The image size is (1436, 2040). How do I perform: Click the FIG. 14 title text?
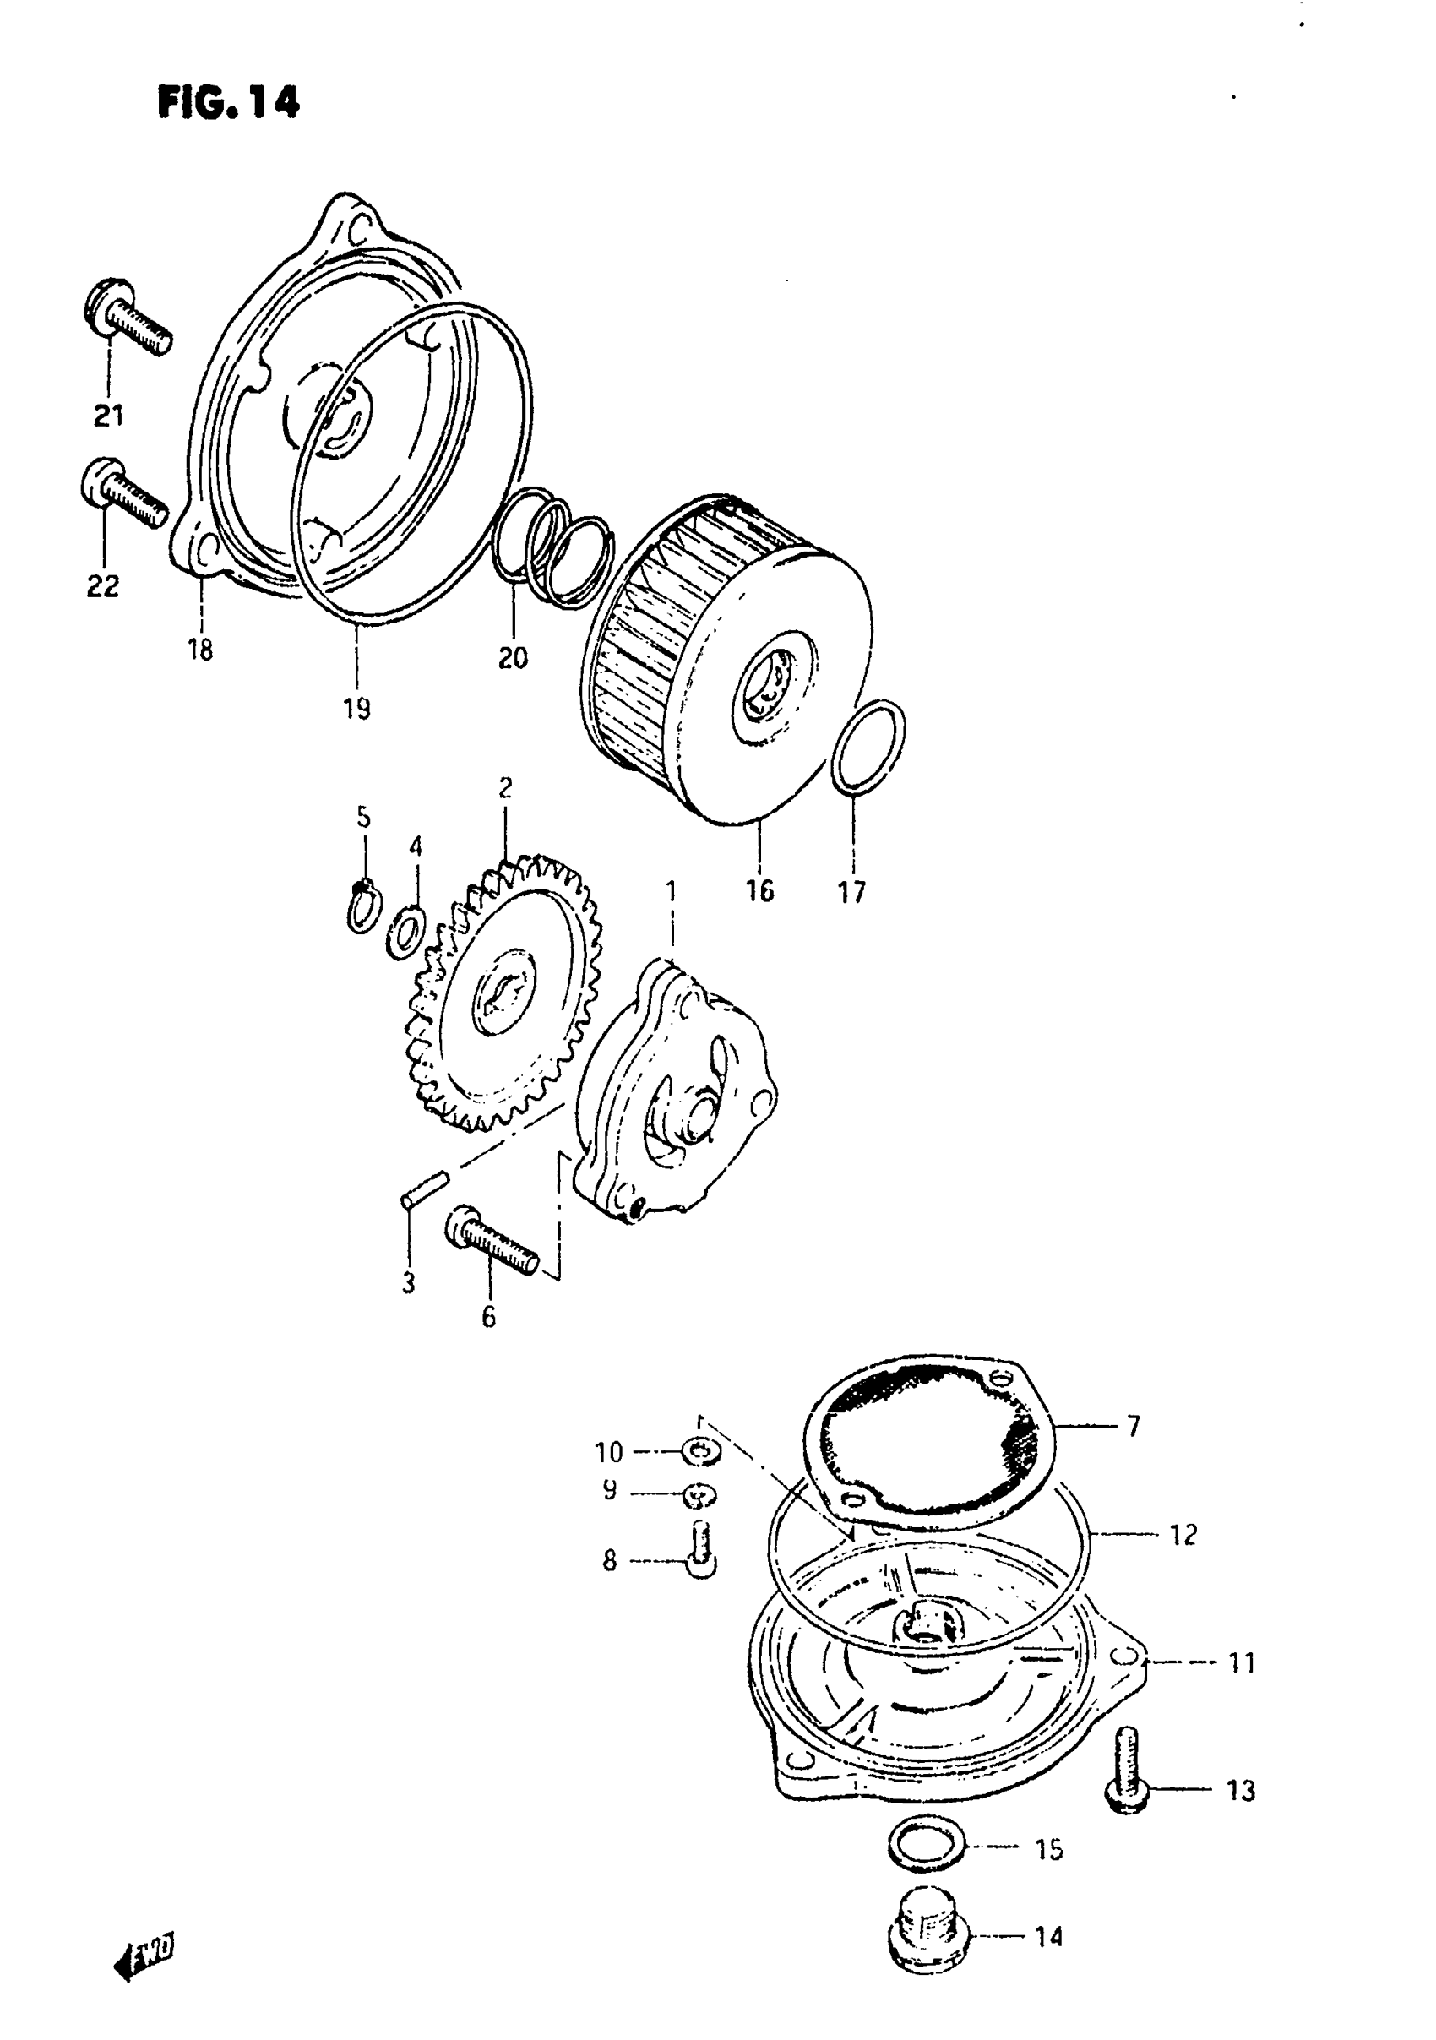point(229,103)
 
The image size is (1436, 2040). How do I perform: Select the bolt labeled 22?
point(123,495)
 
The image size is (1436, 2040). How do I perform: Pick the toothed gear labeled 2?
point(503,994)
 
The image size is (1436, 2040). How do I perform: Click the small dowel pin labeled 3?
point(425,1189)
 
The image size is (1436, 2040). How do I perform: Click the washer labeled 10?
point(702,1454)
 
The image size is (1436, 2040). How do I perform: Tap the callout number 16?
point(759,890)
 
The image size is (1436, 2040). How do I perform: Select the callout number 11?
point(1241,1662)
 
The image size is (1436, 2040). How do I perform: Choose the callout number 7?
point(1133,1426)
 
